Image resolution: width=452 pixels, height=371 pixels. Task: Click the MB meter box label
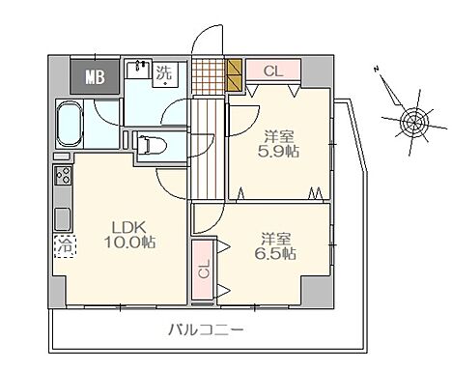tap(95, 75)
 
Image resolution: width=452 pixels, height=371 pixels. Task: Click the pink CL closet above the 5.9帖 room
tap(273, 71)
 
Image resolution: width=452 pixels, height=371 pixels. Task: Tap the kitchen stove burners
tap(62, 177)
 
